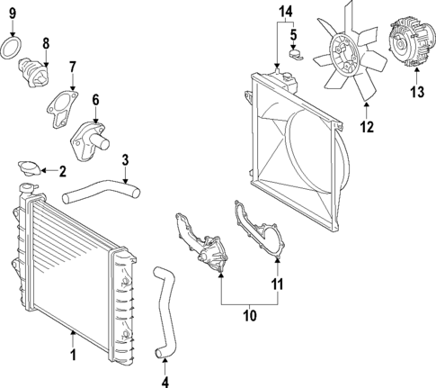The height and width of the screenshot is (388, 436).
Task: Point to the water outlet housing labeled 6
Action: tap(93, 135)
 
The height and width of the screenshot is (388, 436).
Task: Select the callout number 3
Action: tap(126, 161)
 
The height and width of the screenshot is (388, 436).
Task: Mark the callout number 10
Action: tap(250, 314)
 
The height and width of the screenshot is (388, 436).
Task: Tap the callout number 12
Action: tap(366, 127)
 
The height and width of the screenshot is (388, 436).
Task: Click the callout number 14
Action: tap(286, 12)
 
